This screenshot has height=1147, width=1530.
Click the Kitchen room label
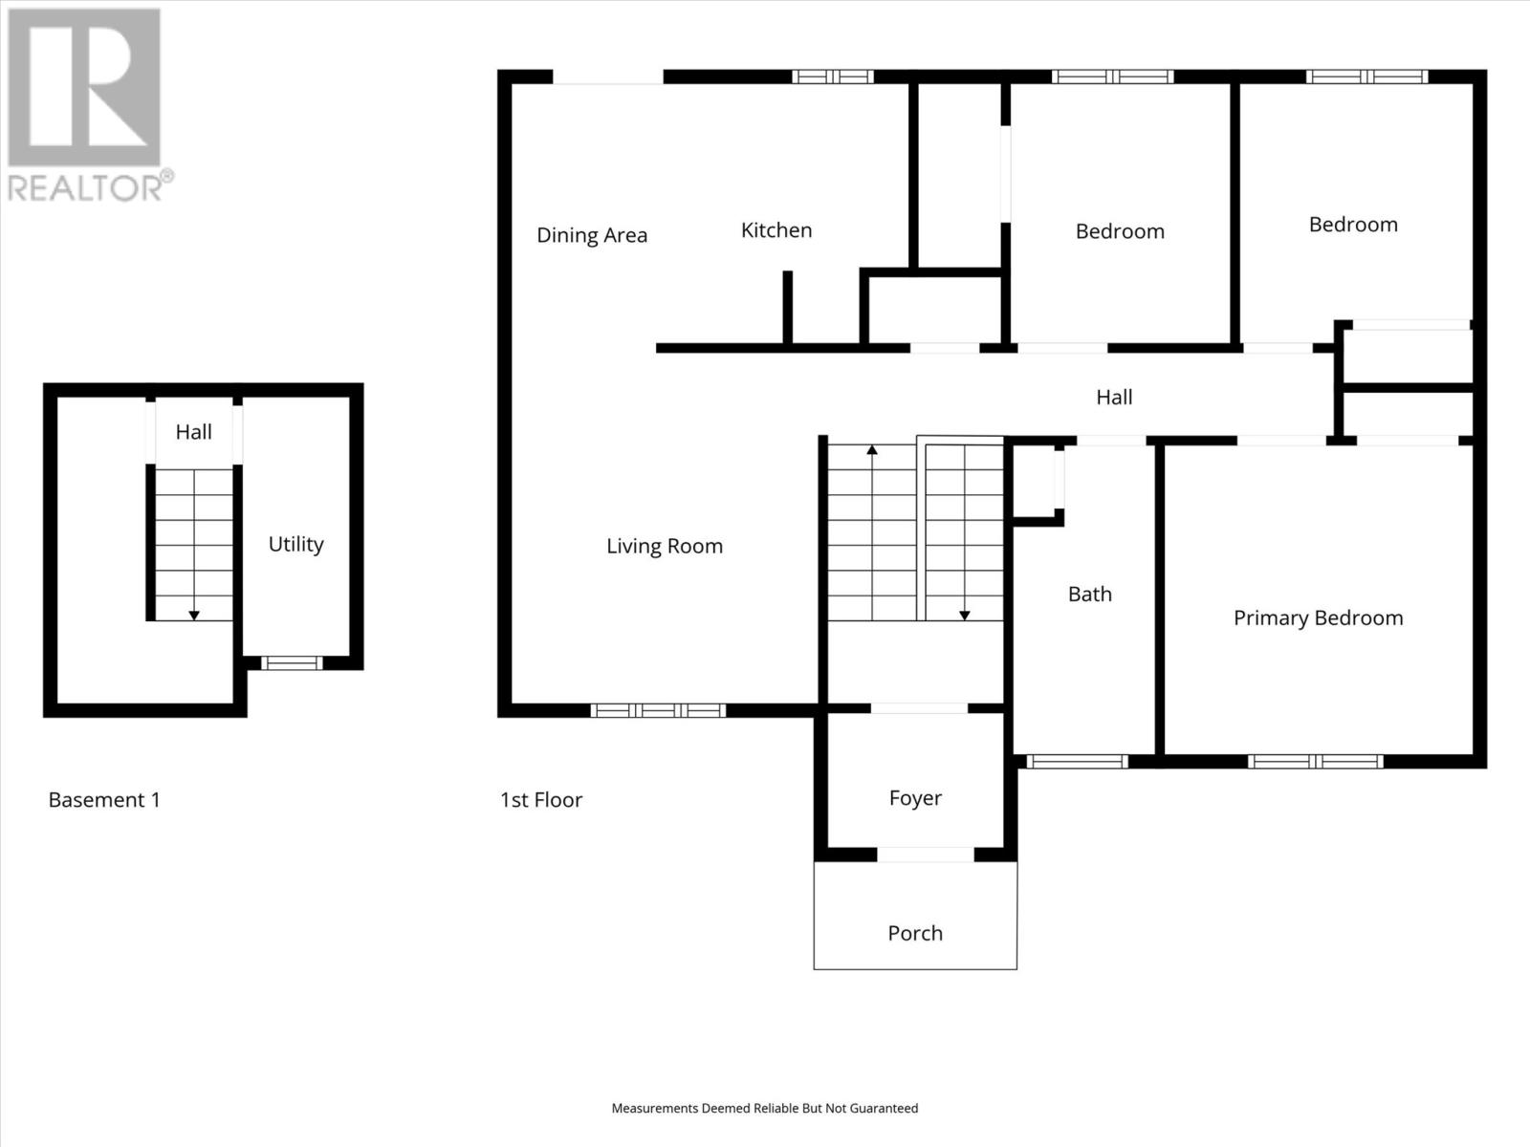[x=776, y=230]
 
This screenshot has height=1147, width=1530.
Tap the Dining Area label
[x=591, y=235]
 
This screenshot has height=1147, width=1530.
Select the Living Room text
[x=664, y=546]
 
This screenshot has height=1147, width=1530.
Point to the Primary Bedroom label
[x=1318, y=617]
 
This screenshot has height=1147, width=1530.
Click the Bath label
[x=1089, y=594]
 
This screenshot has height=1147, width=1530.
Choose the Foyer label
[x=914, y=798]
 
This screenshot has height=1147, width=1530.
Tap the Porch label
[x=914, y=933]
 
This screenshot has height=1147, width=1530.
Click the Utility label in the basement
[x=295, y=544]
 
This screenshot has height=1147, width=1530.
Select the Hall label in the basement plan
[x=193, y=432]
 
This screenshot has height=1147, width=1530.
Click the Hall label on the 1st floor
[x=1113, y=397]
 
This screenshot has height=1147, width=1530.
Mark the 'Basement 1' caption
[x=104, y=800]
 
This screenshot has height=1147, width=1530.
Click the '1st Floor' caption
[x=540, y=800]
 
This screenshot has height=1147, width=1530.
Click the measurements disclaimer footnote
[x=764, y=1108]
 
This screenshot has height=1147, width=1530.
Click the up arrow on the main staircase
[x=871, y=450]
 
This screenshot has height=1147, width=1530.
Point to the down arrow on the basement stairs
[x=193, y=615]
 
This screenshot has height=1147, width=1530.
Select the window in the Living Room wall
[x=658, y=710]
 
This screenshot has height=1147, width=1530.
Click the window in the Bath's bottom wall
[x=1077, y=762]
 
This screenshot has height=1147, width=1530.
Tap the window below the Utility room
[x=292, y=662]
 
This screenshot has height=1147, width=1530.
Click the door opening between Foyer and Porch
[x=925, y=855]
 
